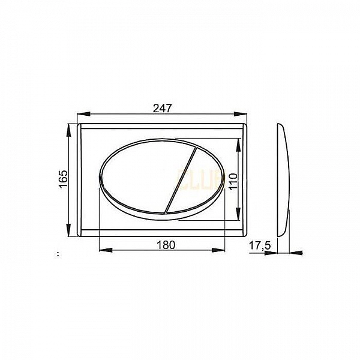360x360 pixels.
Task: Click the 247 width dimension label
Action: coord(163,108)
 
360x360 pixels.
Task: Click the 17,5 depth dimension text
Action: coord(257,245)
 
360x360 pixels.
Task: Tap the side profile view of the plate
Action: coord(283,180)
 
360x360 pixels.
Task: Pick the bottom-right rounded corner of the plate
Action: coord(244,234)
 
